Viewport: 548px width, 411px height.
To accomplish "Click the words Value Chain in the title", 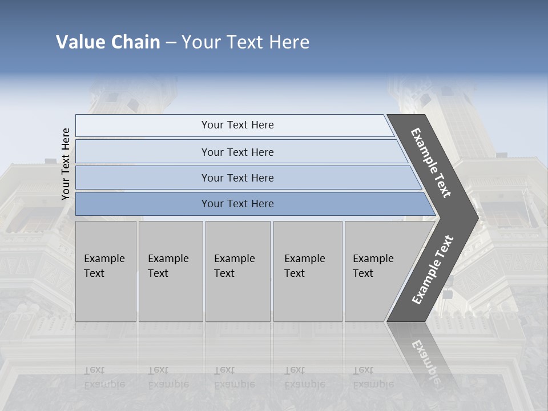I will (x=108, y=42).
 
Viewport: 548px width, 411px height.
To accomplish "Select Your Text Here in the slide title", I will (x=245, y=42).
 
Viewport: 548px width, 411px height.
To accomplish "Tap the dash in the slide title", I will (x=171, y=43).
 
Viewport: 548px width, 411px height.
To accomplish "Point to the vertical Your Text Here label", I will (x=66, y=164).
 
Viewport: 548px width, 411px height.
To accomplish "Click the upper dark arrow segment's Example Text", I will (x=431, y=163).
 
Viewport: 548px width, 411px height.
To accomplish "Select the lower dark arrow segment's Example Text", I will (x=433, y=269).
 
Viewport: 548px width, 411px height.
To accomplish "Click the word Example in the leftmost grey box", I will (x=104, y=259).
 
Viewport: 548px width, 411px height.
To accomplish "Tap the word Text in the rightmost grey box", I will (x=363, y=273).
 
